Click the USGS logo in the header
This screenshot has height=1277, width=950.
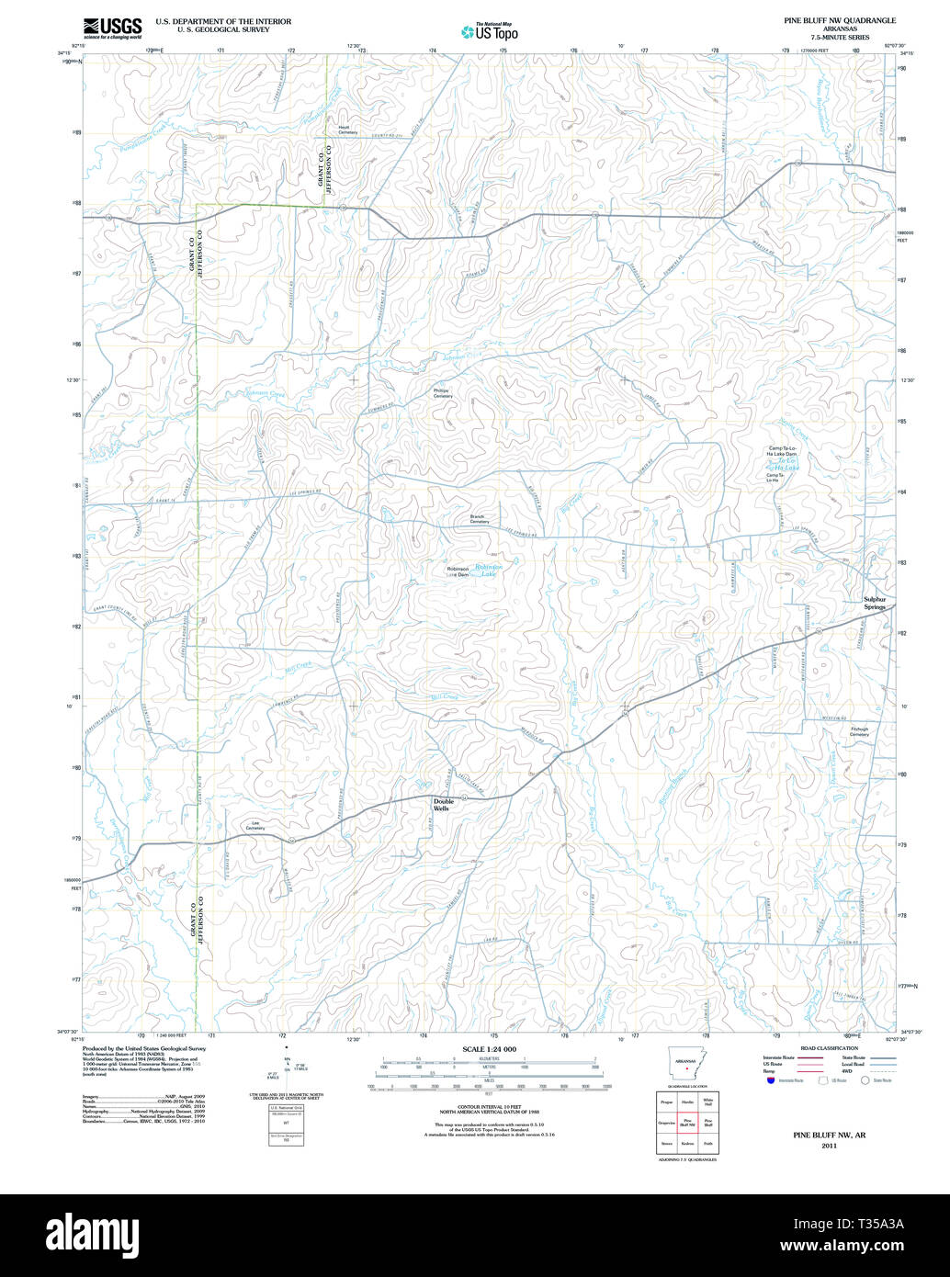(111, 28)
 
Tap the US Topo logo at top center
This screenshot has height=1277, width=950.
(490, 31)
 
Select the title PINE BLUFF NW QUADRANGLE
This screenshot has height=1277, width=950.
(839, 19)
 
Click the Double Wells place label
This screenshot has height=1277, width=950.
(443, 804)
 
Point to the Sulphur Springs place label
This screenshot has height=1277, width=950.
(875, 603)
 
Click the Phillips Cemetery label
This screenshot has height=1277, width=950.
(443, 392)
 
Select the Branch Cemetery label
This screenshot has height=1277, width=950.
(479, 519)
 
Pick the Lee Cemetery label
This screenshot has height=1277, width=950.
(254, 825)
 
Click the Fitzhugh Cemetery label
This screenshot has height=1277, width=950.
(859, 732)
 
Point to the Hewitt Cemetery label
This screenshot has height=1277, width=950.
(346, 130)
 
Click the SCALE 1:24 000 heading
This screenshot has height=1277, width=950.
(490, 1049)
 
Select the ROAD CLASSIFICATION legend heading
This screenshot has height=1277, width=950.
(829, 1048)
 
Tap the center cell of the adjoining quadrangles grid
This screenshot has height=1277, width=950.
(685, 1122)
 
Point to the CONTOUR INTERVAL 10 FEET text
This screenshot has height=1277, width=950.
(490, 1107)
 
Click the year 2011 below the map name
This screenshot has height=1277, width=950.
(830, 1147)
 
